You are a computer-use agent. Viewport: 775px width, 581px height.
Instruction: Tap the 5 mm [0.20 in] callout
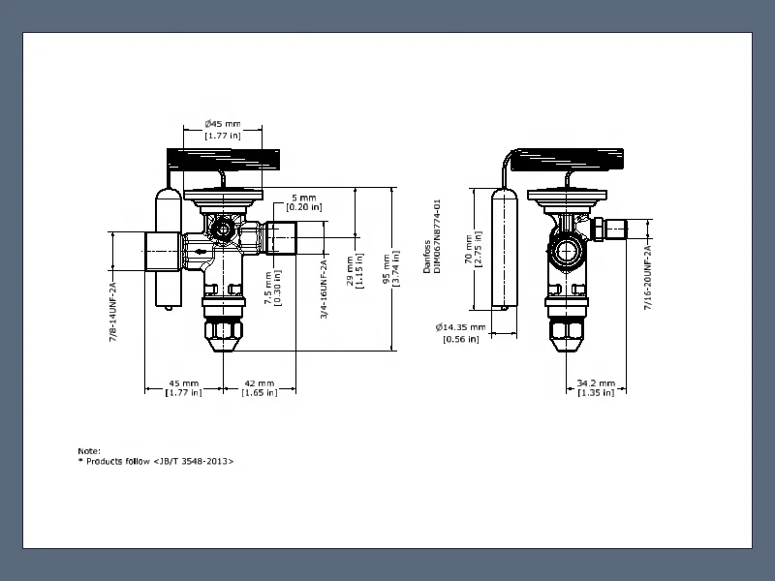point(304,202)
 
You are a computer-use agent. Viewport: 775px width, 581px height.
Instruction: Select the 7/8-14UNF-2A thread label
point(113,312)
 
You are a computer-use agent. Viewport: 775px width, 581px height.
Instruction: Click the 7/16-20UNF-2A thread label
point(647,278)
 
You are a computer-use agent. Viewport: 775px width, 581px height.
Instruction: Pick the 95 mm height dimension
point(391,269)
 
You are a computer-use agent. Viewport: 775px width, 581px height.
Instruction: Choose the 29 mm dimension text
point(355,271)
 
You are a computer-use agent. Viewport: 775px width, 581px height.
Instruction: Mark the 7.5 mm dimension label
point(272,288)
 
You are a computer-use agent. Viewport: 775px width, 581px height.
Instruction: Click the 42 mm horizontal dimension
point(260,388)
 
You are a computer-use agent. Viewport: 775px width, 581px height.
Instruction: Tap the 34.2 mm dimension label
point(596,388)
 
